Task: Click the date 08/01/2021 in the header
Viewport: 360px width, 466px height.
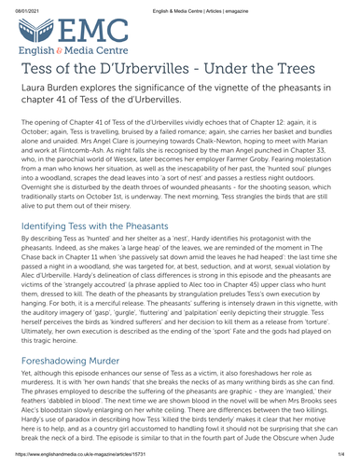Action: point(21,7)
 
